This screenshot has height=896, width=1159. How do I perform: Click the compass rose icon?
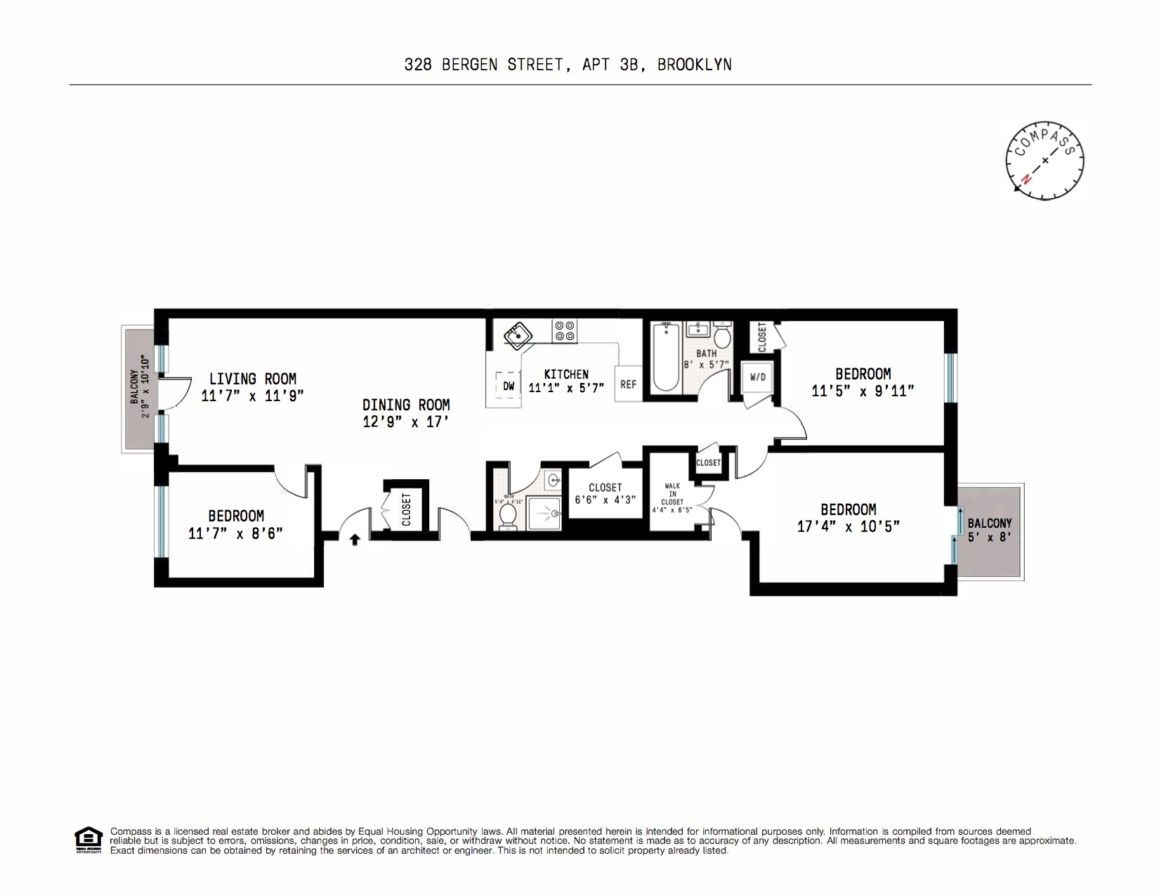1045,160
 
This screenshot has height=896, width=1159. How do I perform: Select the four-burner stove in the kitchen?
564,331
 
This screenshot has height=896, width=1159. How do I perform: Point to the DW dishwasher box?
509,387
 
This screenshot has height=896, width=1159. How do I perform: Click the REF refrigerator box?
628,384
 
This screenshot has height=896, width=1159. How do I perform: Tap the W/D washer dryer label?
758,377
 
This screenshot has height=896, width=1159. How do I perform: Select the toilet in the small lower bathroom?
507,517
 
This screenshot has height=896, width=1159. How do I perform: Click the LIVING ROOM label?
252,379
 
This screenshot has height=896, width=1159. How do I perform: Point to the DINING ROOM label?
406,405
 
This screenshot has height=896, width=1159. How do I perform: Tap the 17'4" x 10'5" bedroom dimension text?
848,526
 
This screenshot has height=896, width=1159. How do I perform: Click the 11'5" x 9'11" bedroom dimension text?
863,391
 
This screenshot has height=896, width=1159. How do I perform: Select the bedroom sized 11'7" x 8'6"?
235,524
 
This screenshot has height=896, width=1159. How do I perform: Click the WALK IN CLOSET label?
672,493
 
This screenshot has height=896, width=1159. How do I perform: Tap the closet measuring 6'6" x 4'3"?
605,493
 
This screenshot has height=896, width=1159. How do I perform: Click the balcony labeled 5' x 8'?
989,531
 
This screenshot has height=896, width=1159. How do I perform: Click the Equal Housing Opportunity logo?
89,840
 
